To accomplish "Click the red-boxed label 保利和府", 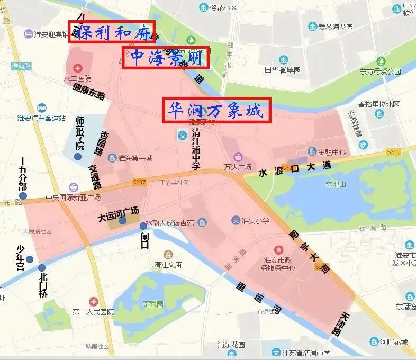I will coord(111,32).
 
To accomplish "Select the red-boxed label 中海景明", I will coord(166,58).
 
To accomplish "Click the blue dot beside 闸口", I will coord(143,226).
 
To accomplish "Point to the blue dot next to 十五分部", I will coord(22,196).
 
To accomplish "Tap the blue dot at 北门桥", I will coord(41,267).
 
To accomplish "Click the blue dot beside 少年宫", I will coord(30,259).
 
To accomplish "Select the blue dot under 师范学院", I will coord(78,157).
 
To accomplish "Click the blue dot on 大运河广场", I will coord(123,220).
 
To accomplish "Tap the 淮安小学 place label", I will coord(258,220).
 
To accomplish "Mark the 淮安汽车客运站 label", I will coord(41,118).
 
